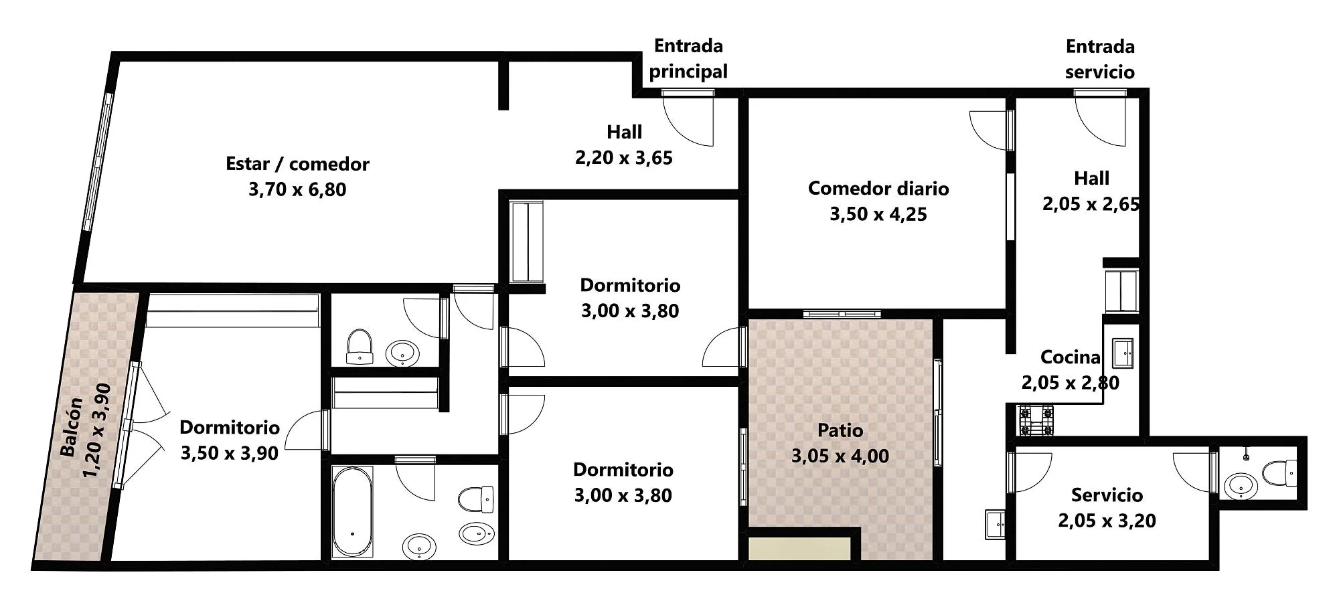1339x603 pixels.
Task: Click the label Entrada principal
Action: (688, 59)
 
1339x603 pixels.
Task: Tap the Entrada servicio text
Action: (1100, 60)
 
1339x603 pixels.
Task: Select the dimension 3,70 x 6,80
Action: (297, 190)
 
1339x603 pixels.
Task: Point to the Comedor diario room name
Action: (878, 189)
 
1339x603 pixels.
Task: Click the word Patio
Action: (840, 430)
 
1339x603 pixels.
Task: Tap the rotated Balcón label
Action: (72, 427)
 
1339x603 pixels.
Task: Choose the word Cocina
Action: (1071, 357)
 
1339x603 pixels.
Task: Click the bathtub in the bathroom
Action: (352, 511)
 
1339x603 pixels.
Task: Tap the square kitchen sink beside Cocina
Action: (1123, 353)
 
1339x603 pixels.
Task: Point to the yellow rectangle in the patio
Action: (799, 549)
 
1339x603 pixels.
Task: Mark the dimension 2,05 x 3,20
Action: (1107, 521)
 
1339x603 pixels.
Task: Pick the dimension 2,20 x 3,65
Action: (624, 158)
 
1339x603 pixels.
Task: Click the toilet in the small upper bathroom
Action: (360, 347)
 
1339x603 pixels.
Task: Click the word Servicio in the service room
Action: (1107, 495)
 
